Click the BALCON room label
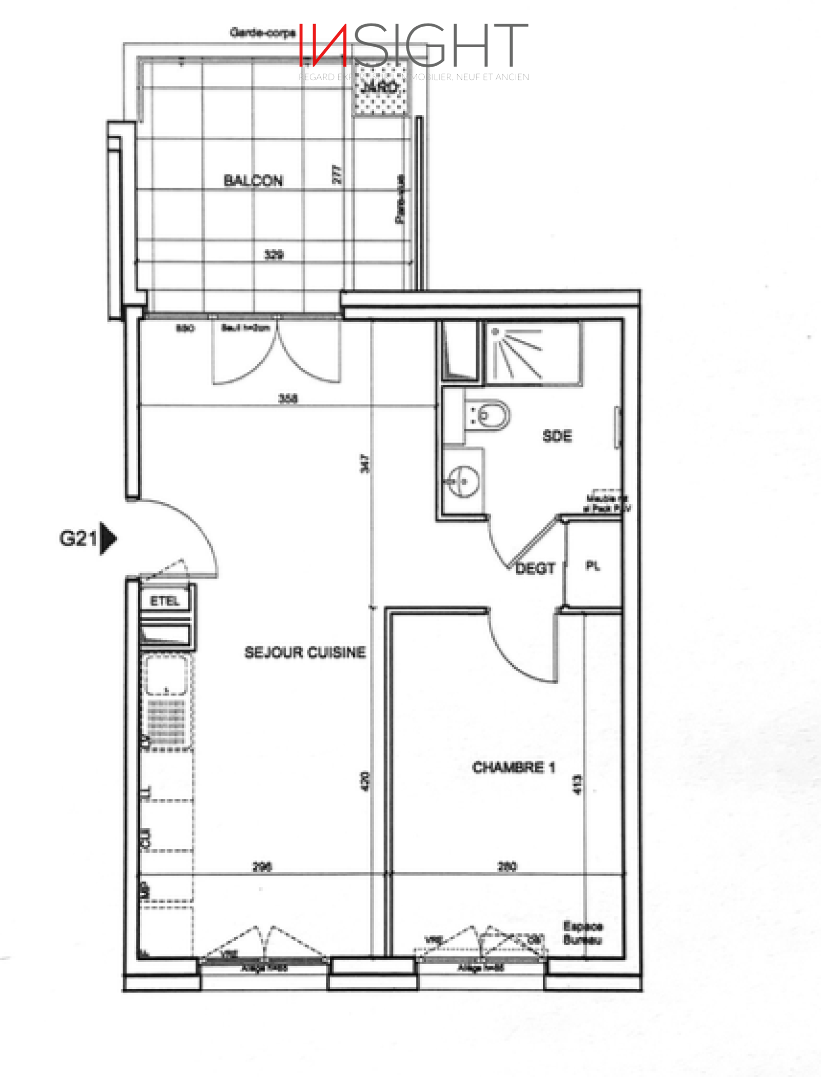pyautogui.click(x=253, y=181)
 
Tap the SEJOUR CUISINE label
pyautogui.click(x=305, y=652)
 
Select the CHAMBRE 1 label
pyautogui.click(x=513, y=768)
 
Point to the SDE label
pyautogui.click(x=557, y=436)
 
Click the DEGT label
pyautogui.click(x=535, y=568)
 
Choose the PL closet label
pyautogui.click(x=593, y=566)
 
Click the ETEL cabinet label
pyautogui.click(x=165, y=601)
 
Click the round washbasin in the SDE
pyautogui.click(x=463, y=481)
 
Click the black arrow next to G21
pyautogui.click(x=108, y=538)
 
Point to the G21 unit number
pyautogui.click(x=77, y=538)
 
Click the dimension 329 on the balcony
pyautogui.click(x=273, y=254)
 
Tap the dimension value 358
pyautogui.click(x=288, y=398)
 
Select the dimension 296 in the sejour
pyautogui.click(x=262, y=867)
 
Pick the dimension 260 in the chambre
pyautogui.click(x=507, y=867)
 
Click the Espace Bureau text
pyautogui.click(x=582, y=933)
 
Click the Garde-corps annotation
pyautogui.click(x=262, y=33)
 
